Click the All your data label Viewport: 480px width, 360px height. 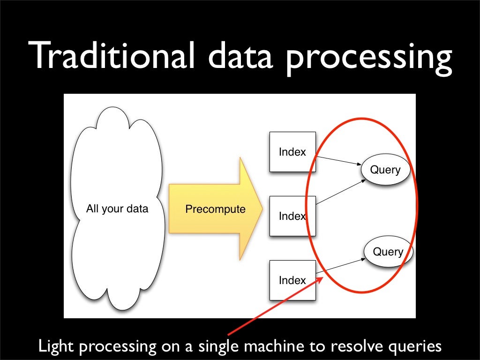coord(117,209)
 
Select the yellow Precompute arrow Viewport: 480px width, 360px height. coord(211,209)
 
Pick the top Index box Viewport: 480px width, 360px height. coord(292,152)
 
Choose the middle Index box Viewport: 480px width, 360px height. coord(292,216)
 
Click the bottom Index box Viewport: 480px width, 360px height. coord(292,280)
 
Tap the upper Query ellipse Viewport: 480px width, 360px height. coord(385,170)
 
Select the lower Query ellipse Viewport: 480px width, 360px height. coord(388,252)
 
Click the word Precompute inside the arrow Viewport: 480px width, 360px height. coord(215,209)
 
